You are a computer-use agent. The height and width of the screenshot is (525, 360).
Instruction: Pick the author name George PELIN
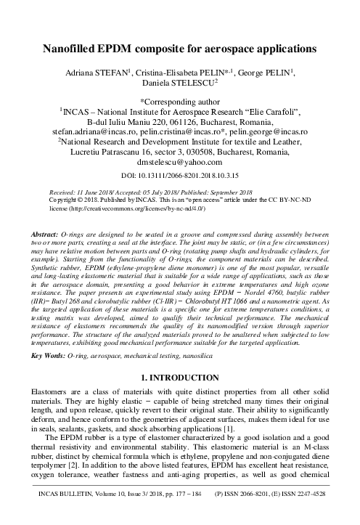point(272,74)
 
